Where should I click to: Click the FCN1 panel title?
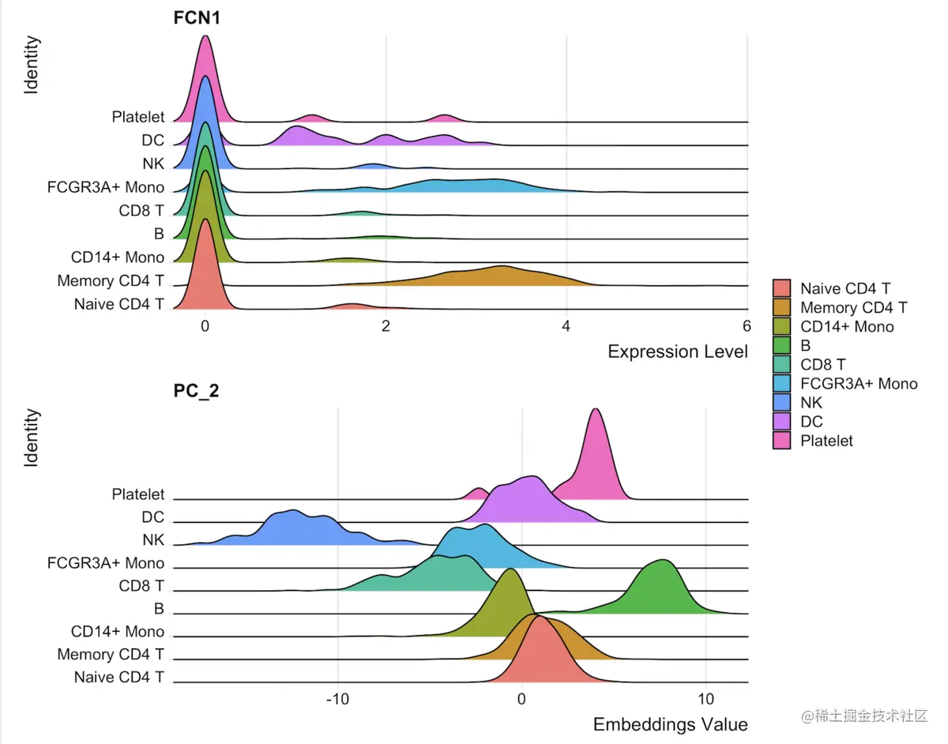click(x=196, y=18)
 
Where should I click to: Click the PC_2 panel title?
click(x=196, y=391)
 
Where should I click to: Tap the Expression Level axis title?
click(x=677, y=352)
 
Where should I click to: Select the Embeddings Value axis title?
click(x=670, y=724)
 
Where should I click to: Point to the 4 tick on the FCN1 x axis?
click(x=566, y=327)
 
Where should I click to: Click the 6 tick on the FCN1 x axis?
click(x=746, y=327)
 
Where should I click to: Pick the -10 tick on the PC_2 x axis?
click(x=337, y=700)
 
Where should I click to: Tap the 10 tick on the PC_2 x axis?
click(x=705, y=700)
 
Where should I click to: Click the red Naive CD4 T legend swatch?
click(x=782, y=288)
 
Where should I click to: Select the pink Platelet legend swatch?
click(x=782, y=440)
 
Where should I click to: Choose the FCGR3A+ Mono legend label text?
click(x=859, y=383)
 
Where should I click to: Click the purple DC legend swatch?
click(x=782, y=421)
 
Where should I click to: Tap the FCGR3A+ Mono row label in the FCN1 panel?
click(x=106, y=187)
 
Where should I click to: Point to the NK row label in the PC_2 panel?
click(x=153, y=540)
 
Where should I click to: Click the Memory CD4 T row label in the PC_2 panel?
click(x=111, y=655)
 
